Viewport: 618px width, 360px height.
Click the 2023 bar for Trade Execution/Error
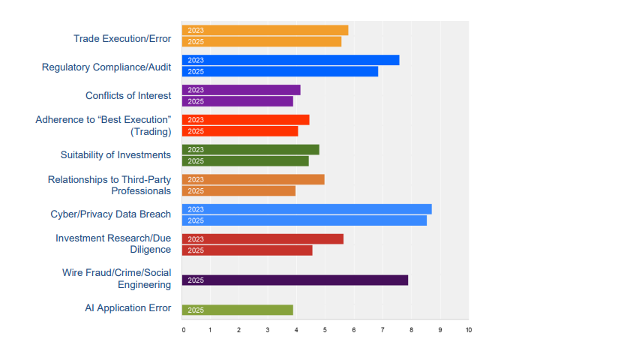(x=265, y=30)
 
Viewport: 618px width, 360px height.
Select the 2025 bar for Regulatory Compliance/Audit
(x=280, y=71)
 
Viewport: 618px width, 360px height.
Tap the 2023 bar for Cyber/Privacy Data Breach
(x=307, y=209)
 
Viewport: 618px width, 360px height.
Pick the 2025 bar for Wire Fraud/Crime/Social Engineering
(x=295, y=280)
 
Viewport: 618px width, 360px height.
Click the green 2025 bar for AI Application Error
(x=237, y=310)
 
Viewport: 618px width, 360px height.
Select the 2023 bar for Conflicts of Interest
(x=241, y=90)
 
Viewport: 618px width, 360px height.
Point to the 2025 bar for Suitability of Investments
(x=245, y=160)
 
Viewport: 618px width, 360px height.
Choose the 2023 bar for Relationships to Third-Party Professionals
(x=253, y=179)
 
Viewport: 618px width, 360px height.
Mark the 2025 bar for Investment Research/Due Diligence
(x=247, y=250)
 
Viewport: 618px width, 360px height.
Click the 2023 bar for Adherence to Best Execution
(x=245, y=120)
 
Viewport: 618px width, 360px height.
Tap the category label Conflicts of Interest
(x=128, y=95)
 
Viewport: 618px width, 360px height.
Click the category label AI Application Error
(x=128, y=308)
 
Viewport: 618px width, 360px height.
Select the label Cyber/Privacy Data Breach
(x=111, y=214)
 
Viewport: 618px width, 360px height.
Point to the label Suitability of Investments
(x=115, y=154)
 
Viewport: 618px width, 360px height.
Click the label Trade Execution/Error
(x=122, y=38)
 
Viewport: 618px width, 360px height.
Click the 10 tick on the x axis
(x=468, y=330)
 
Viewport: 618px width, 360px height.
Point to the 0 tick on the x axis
(x=183, y=330)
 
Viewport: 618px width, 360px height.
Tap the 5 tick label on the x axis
(x=325, y=330)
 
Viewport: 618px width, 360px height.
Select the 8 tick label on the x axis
(x=411, y=330)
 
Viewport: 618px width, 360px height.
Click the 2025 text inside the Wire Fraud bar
(x=196, y=280)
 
